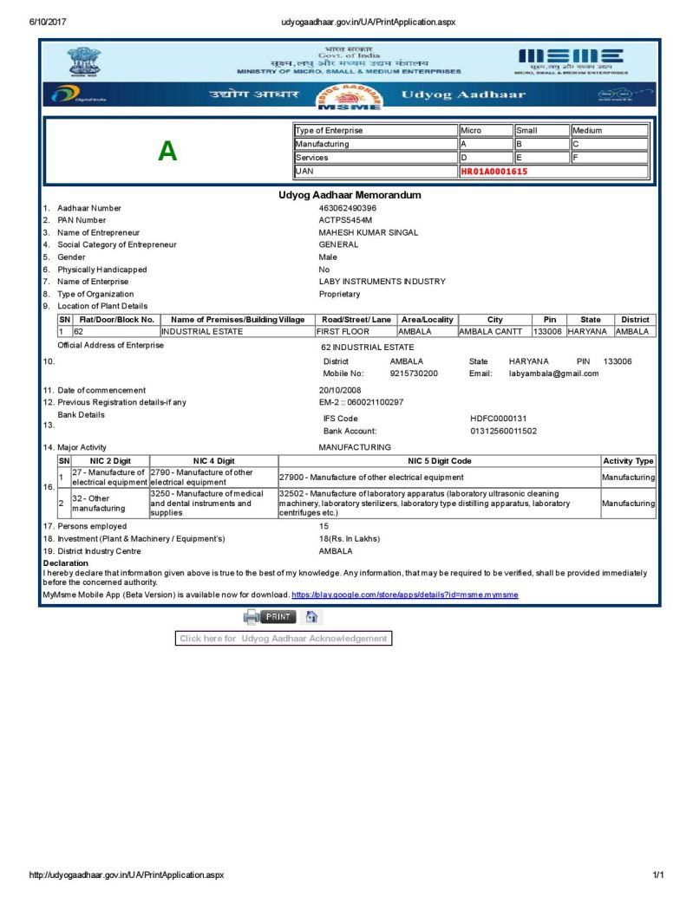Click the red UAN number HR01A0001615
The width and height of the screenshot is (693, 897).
(494, 172)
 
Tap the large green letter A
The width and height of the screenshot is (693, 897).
(167, 152)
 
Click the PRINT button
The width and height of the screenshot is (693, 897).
(278, 617)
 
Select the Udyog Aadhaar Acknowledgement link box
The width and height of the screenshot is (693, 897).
(283, 639)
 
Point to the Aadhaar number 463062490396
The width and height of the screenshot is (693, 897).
(348, 208)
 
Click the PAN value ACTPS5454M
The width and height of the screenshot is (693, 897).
(345, 220)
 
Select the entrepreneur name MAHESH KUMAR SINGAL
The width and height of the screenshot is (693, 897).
(369, 232)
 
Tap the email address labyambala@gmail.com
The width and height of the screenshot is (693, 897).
(553, 374)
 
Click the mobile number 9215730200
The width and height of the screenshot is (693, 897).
(414, 374)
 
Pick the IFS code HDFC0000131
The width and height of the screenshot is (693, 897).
(498, 419)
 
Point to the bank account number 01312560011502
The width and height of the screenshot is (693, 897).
(503, 431)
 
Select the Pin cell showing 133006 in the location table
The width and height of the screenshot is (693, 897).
(549, 332)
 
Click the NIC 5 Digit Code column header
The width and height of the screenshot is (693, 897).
(439, 461)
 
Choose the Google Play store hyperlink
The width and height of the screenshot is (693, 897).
(404, 595)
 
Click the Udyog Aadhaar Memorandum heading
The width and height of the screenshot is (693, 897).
(350, 195)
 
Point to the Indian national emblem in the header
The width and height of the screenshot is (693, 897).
(84, 62)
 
